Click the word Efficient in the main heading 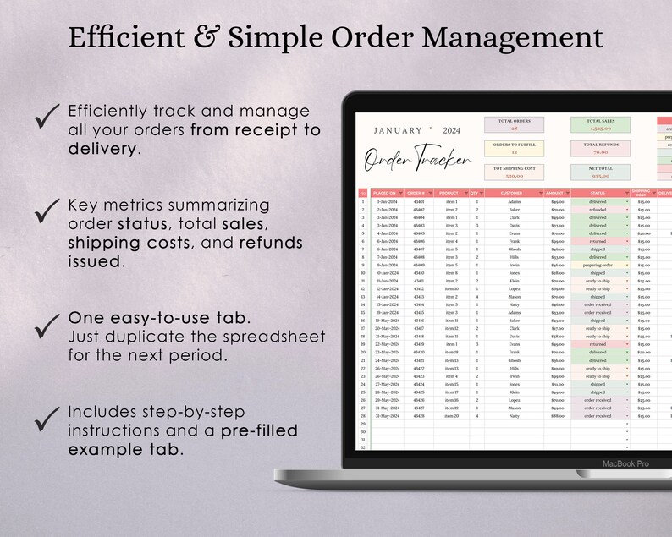(x=124, y=38)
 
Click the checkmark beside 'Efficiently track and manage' (x=47, y=116)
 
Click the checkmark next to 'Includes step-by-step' (x=47, y=415)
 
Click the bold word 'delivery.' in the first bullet (x=104, y=149)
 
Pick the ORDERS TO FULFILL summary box (x=514, y=148)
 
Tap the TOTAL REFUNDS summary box (x=600, y=148)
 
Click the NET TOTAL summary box (x=600, y=173)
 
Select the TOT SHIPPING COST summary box (x=514, y=173)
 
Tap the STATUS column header (x=598, y=193)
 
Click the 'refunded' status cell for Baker (x=598, y=210)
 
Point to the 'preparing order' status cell (x=598, y=266)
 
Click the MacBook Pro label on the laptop (x=625, y=463)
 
